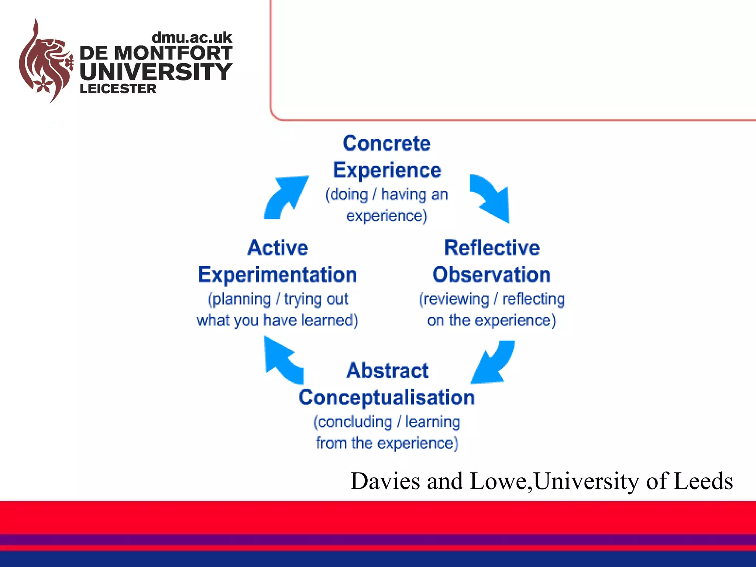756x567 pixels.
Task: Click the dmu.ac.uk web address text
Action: [x=192, y=38]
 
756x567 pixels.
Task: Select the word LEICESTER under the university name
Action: [x=118, y=89]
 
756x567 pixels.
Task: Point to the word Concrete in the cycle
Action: [x=386, y=143]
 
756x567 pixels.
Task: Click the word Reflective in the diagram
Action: [x=492, y=248]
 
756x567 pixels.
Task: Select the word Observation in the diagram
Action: [x=492, y=275]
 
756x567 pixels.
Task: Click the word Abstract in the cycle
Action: [x=387, y=371]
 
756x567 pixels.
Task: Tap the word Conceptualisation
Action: [x=386, y=398]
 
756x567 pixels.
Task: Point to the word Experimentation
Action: [x=278, y=275]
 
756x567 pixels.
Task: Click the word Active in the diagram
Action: [x=278, y=248]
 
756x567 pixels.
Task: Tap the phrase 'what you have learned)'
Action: [x=278, y=320]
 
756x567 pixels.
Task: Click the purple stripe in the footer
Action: [x=378, y=540]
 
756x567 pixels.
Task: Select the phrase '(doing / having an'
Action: [x=386, y=195]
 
